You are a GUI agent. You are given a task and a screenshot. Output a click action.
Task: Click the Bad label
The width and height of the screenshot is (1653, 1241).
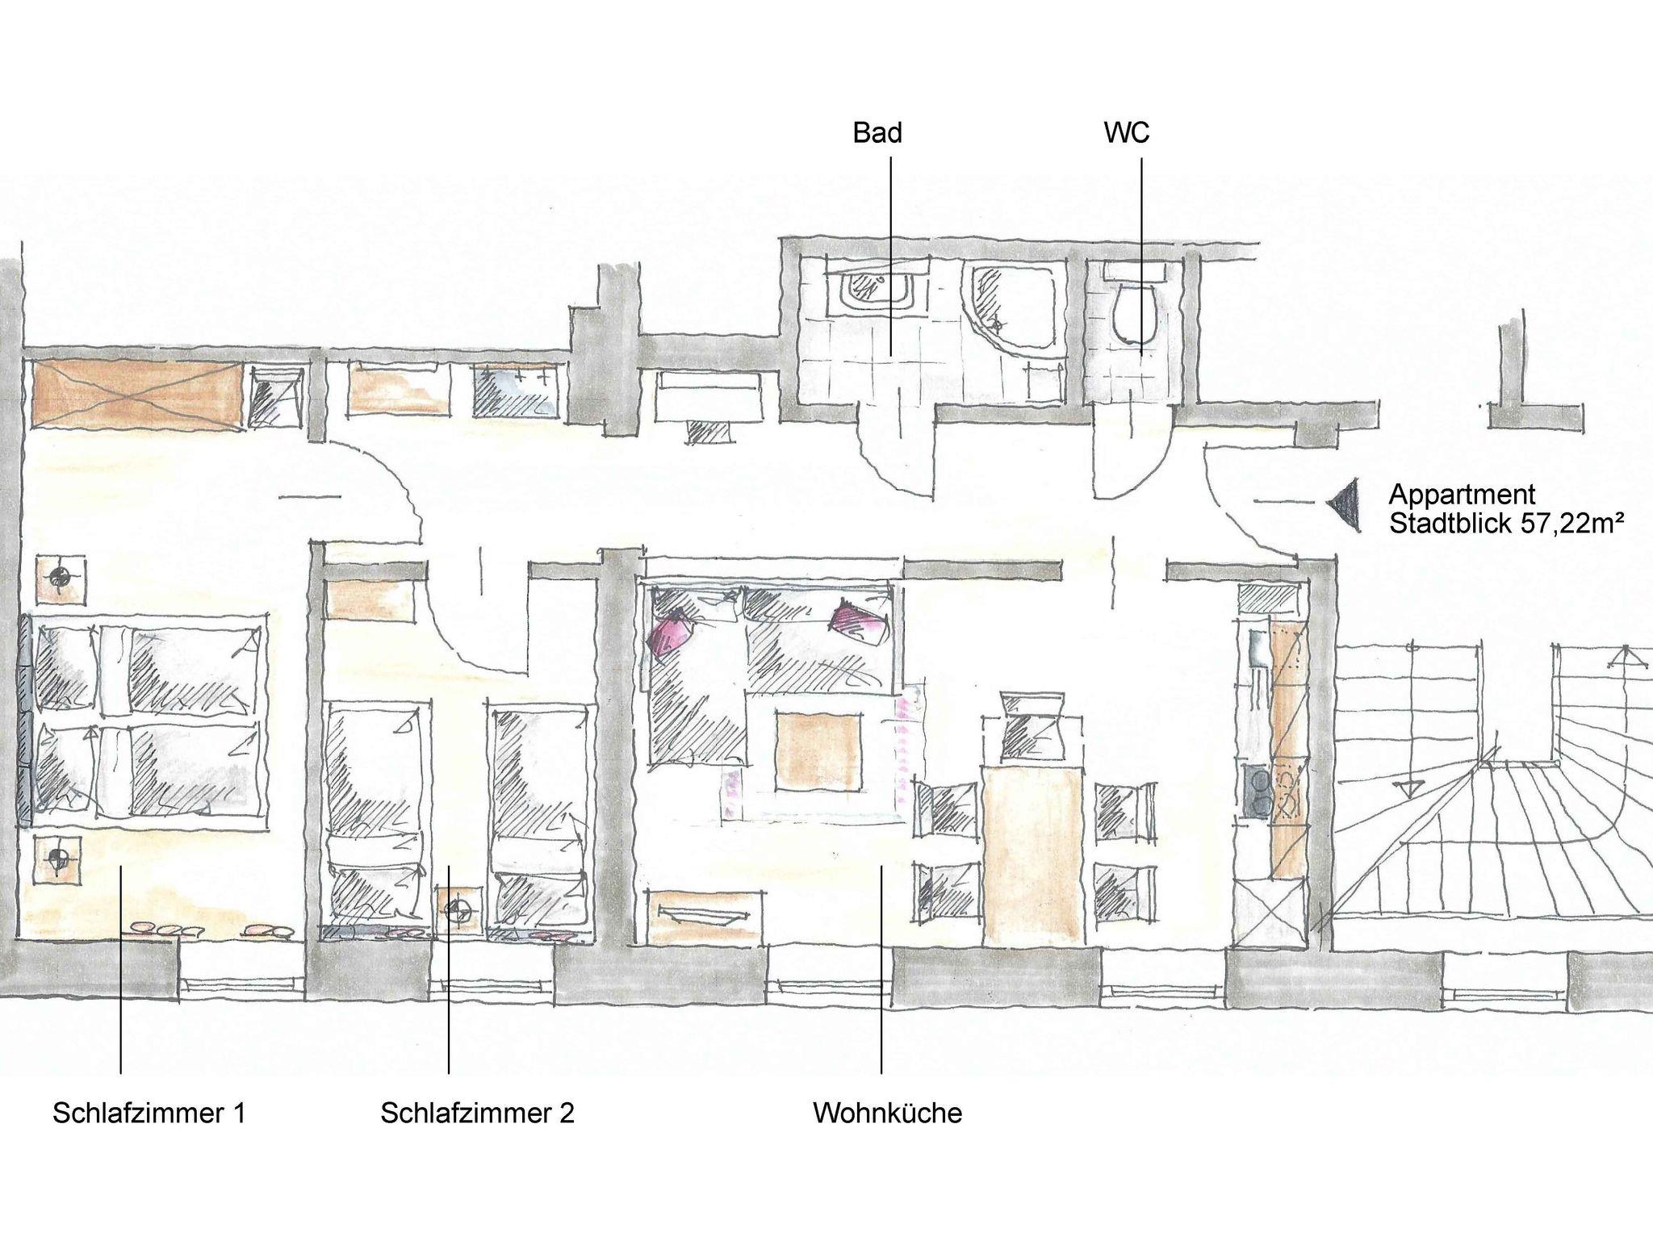coord(877,133)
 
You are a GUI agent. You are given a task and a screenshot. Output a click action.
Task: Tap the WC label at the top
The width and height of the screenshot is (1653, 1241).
coord(1127,133)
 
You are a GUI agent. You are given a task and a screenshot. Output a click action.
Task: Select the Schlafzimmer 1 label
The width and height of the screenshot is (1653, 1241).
coord(149,1114)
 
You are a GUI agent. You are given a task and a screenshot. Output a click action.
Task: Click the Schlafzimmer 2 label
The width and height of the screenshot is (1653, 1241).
coord(478,1114)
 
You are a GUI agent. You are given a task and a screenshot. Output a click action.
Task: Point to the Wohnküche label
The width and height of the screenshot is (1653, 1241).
coord(888,1114)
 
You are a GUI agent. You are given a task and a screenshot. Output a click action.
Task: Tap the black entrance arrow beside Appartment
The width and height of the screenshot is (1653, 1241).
coord(1343,504)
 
